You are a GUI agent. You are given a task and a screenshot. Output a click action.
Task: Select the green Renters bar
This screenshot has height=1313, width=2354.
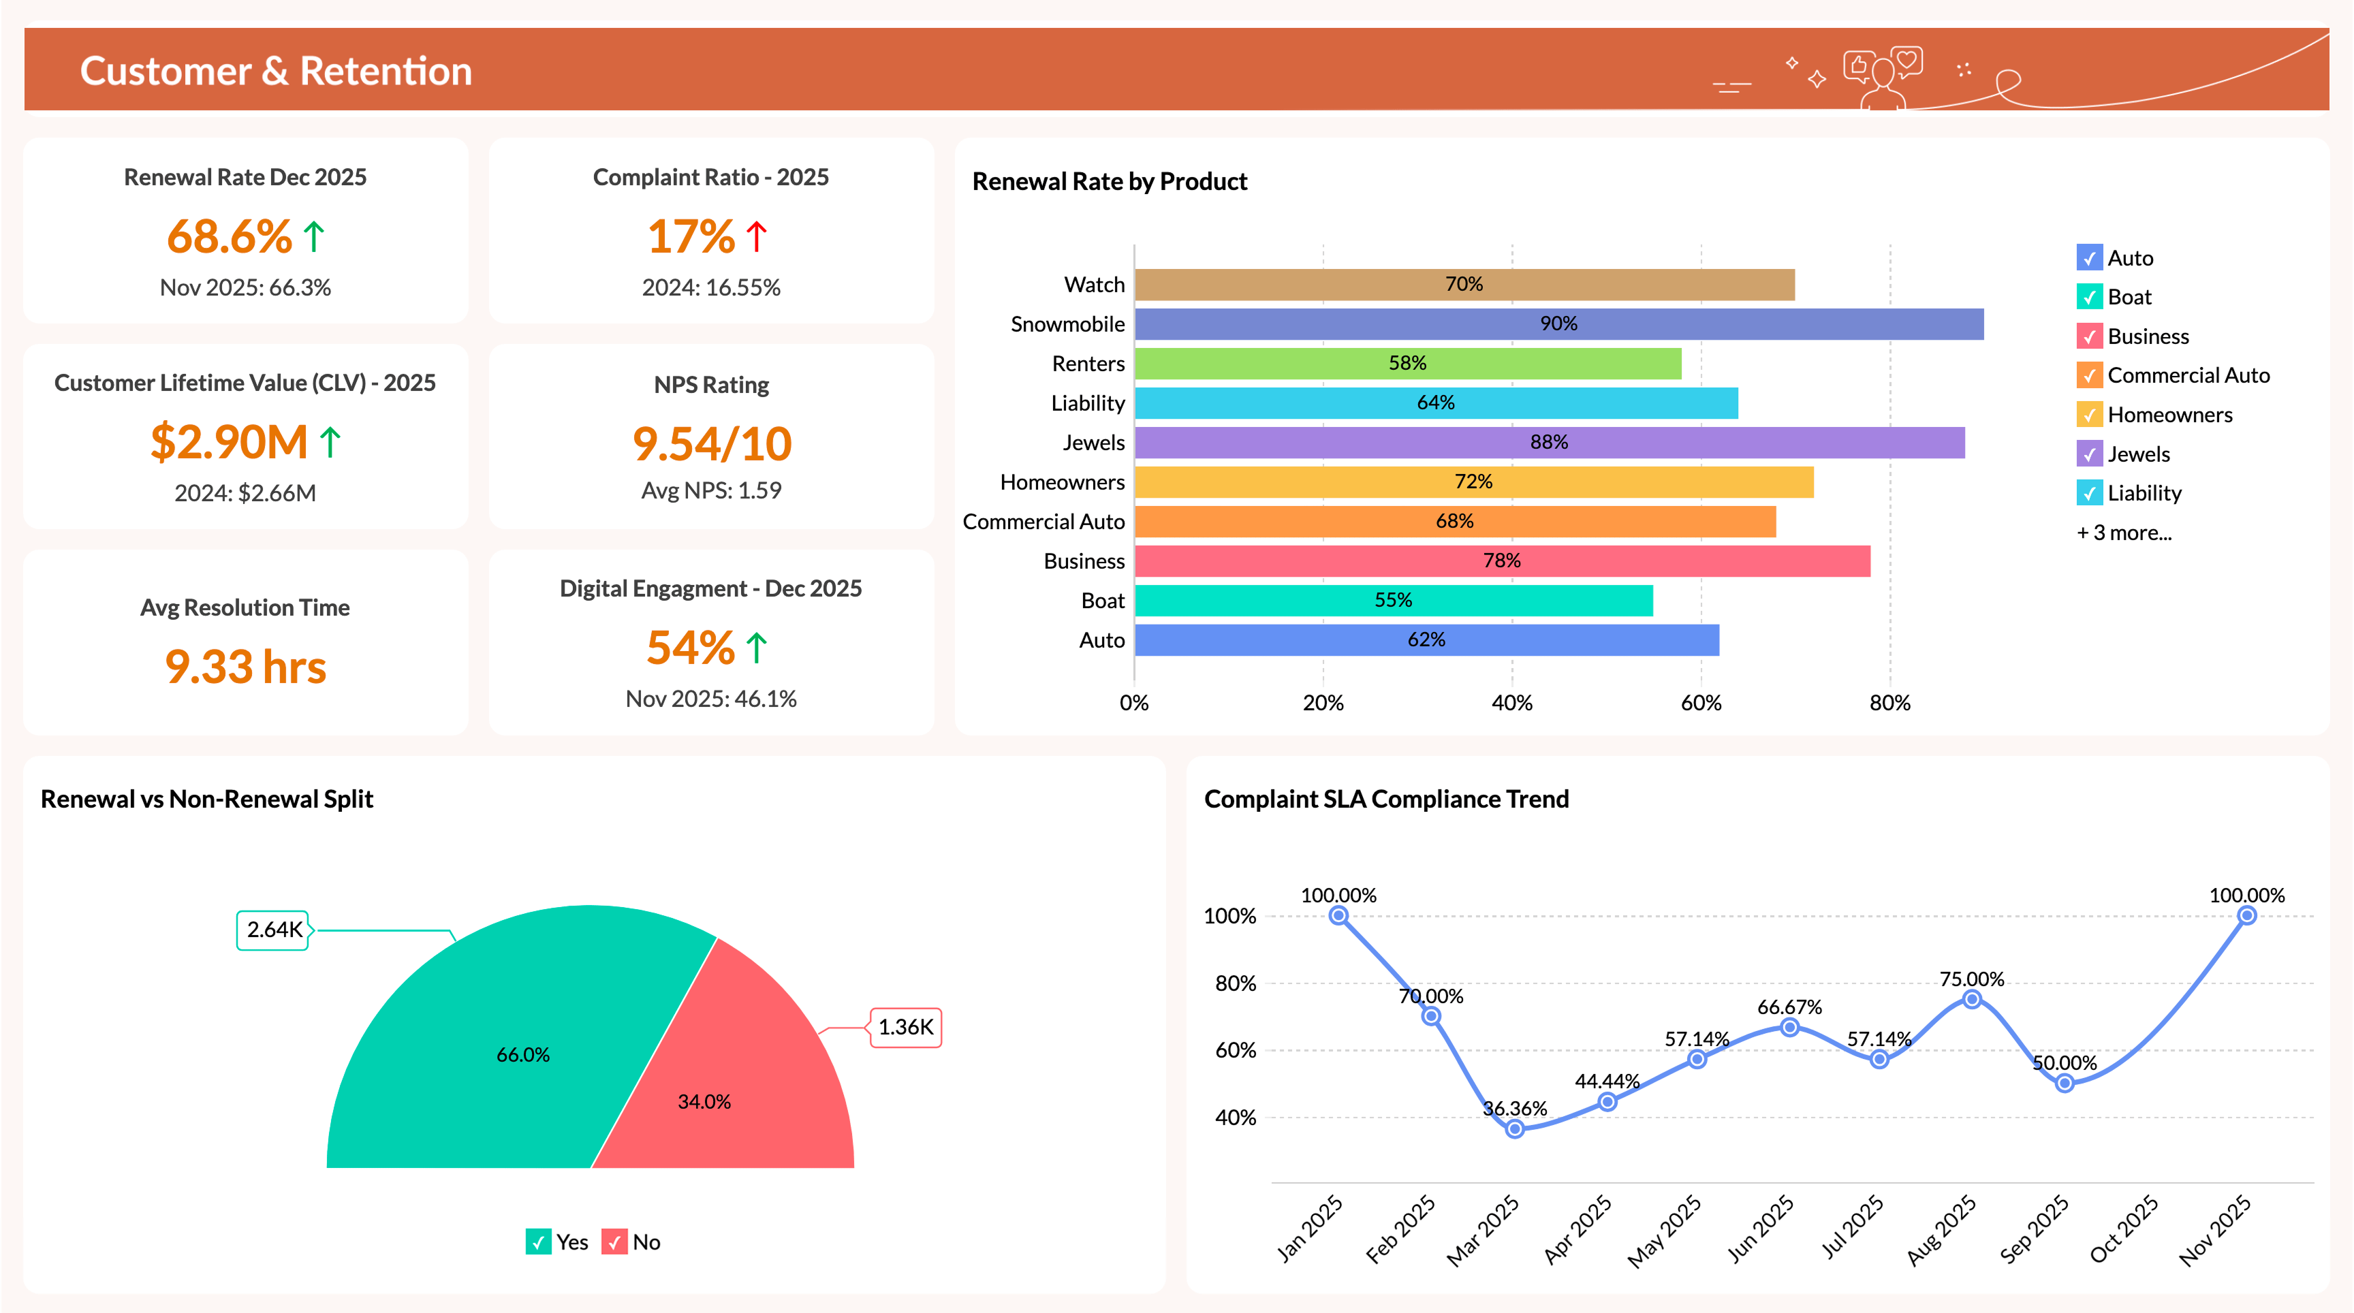tap(1407, 364)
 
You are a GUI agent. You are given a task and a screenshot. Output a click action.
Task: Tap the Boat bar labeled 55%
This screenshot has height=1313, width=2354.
tap(1393, 600)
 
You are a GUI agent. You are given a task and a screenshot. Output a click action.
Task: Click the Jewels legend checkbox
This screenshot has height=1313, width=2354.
tap(2088, 454)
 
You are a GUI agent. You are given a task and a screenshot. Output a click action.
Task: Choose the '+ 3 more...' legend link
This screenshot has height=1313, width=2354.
tap(2123, 533)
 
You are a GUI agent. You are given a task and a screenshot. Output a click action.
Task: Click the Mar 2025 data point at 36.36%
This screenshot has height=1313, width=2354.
tap(1514, 1129)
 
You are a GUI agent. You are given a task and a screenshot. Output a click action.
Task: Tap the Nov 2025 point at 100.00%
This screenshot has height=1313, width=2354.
tap(2246, 915)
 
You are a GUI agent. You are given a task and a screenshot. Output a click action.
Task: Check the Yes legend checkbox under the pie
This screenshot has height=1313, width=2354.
tap(538, 1241)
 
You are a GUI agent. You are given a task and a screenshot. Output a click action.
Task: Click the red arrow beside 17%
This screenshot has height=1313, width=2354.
tap(756, 236)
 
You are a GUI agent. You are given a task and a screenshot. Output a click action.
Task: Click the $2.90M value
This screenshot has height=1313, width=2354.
tap(230, 442)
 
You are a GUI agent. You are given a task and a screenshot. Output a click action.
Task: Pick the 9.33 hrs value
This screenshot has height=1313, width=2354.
tap(245, 666)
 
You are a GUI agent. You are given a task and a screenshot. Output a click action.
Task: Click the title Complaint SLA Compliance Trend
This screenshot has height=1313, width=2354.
tap(1385, 799)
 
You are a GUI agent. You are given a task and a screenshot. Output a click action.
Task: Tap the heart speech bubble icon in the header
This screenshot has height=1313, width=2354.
tap(1906, 61)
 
